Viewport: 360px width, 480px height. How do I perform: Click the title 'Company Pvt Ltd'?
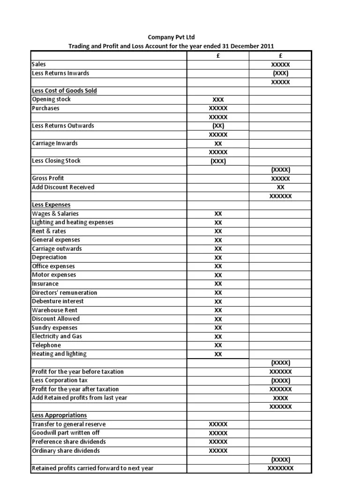171,37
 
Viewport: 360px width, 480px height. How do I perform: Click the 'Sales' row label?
39,64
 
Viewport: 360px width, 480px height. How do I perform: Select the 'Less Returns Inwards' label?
60,73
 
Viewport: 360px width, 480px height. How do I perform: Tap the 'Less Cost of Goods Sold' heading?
64,90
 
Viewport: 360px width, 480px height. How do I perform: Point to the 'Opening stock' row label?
51,99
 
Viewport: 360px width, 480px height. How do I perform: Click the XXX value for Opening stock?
218,100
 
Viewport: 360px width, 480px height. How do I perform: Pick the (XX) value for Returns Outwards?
218,126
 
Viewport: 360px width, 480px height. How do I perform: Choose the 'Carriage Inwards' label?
54,143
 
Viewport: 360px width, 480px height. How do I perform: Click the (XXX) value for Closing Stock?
218,161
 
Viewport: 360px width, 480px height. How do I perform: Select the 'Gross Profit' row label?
48,178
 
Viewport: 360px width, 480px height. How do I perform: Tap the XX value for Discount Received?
280,187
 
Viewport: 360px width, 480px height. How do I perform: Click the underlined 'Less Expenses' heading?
51,205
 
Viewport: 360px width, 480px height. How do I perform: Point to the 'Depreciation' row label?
49,257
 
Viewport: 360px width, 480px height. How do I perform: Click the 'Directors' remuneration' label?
64,292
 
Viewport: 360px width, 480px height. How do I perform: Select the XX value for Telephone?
218,345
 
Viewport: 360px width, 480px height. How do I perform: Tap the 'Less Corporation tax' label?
60,380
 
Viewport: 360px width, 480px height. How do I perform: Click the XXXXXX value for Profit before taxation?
280,372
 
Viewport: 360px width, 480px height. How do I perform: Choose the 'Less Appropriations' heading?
59,415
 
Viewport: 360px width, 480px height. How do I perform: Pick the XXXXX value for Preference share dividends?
218,442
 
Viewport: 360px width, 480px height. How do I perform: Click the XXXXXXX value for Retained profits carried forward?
280,468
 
